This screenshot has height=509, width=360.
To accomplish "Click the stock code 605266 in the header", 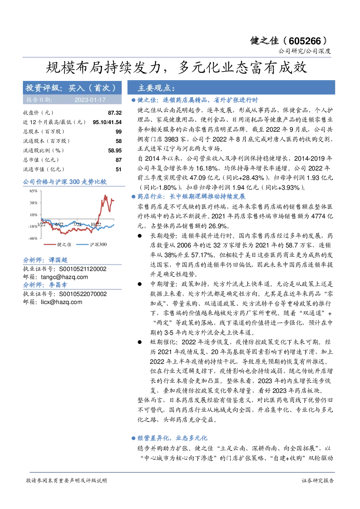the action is click(304, 41).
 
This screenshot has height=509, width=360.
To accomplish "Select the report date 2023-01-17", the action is click(90, 100).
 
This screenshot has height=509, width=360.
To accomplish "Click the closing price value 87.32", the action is click(115, 113).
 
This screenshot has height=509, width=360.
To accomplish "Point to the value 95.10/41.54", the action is click(107, 122).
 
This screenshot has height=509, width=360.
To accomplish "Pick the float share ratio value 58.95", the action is click(115, 151).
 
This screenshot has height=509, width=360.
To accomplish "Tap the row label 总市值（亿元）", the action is click(41, 160).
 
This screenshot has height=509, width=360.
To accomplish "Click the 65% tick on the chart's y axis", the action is click(33, 191).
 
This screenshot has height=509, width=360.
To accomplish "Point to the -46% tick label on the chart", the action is click(33, 238).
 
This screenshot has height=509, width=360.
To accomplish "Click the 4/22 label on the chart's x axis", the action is click(59, 225).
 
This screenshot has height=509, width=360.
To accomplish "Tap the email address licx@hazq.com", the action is click(61, 302).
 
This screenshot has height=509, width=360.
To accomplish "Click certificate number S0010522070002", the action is click(83, 294).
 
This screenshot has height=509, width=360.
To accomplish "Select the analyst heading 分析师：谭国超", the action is click(45, 260).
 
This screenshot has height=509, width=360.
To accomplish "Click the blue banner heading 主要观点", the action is click(156, 88).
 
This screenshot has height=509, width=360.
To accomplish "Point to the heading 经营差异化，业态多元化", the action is click(172, 438).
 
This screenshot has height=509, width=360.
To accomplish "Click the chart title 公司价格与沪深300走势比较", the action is click(65, 182).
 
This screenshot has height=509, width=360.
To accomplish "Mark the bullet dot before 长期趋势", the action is click(140, 236).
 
